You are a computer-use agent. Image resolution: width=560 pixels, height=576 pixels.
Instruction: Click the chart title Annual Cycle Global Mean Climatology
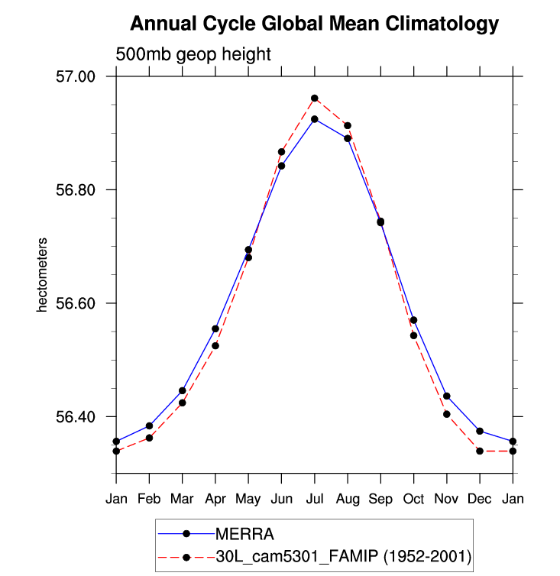coord(314,24)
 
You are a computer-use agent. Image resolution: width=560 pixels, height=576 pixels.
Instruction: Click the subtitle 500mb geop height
coord(193,54)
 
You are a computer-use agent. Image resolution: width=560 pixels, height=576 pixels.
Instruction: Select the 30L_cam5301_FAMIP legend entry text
coord(343,558)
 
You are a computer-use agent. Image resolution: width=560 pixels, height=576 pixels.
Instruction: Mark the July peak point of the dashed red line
coord(315,98)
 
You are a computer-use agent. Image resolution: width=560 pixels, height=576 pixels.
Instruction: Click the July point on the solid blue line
coord(315,119)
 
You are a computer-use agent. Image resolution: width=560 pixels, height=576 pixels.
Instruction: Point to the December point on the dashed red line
coord(480,451)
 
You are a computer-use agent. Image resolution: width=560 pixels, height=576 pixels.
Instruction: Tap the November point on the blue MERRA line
coord(447,396)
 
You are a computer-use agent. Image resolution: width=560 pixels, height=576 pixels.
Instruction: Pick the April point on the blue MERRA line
coord(215,328)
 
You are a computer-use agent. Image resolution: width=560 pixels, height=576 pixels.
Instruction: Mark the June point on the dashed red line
coord(281,151)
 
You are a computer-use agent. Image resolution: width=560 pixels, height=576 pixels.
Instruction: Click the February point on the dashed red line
coord(149,438)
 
